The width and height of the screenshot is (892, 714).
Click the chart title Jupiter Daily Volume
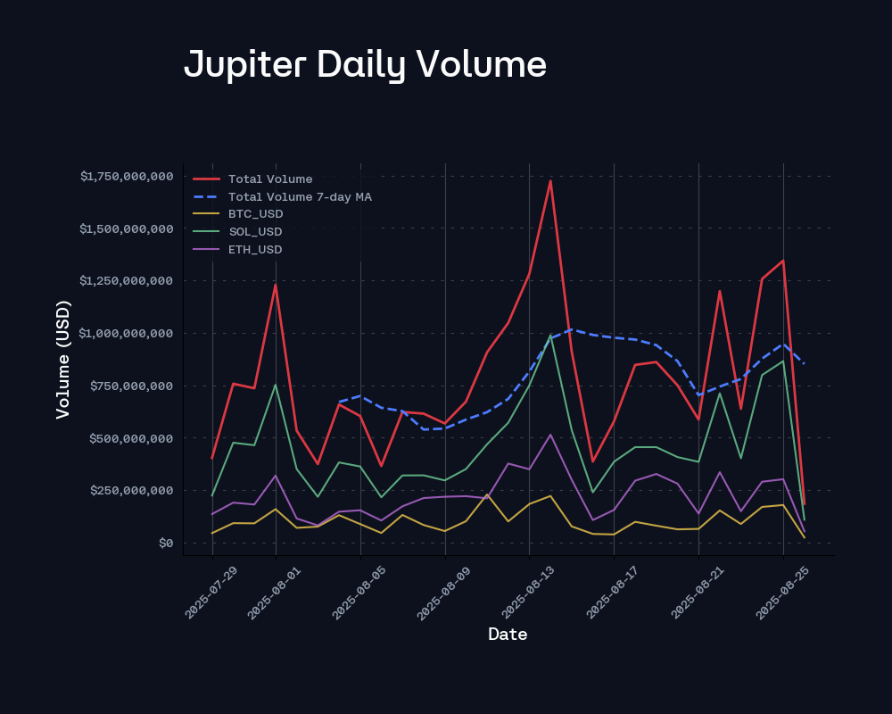click(365, 65)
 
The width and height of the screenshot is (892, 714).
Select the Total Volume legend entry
click(269, 179)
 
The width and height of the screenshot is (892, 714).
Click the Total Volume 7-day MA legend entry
click(300, 196)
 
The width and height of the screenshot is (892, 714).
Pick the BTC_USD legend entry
click(255, 214)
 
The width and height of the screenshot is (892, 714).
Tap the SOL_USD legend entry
click(255, 232)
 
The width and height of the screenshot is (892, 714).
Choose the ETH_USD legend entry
click(255, 249)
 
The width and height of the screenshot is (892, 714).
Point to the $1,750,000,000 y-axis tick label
click(126, 176)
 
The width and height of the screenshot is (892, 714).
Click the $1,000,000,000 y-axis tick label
click(126, 333)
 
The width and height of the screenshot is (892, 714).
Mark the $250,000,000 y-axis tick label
click(132, 490)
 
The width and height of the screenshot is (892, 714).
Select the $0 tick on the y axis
click(165, 543)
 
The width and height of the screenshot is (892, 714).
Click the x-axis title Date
click(508, 635)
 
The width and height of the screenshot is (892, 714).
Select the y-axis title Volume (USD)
click(63, 359)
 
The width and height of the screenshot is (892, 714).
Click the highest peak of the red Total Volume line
click(550, 180)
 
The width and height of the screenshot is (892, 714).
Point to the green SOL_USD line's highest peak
click(550, 336)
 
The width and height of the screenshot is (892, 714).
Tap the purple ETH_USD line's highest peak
click(550, 435)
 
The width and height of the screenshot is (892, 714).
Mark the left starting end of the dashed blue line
click(339, 403)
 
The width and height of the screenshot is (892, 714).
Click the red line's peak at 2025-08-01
click(276, 285)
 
